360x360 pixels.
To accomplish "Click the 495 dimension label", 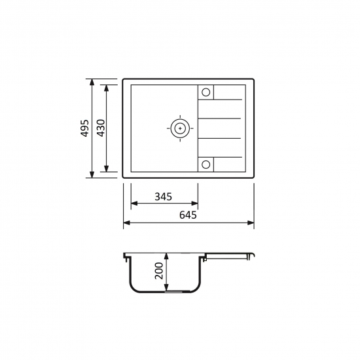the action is tap(85, 128).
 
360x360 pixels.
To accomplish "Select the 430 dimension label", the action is tap(101, 128).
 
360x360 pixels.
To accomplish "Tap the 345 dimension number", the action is tap(163, 197).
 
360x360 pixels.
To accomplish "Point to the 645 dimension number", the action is tap(188, 215).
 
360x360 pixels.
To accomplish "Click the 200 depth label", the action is tap(159, 271).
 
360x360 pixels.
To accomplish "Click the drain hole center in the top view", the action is tap(180, 128).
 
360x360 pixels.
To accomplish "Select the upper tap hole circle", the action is tap(206, 92).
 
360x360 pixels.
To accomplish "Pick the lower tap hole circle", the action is tap(206, 164).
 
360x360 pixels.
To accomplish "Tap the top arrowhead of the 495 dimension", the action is tap(92, 82).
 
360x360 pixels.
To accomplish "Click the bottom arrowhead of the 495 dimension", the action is tap(92, 174).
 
